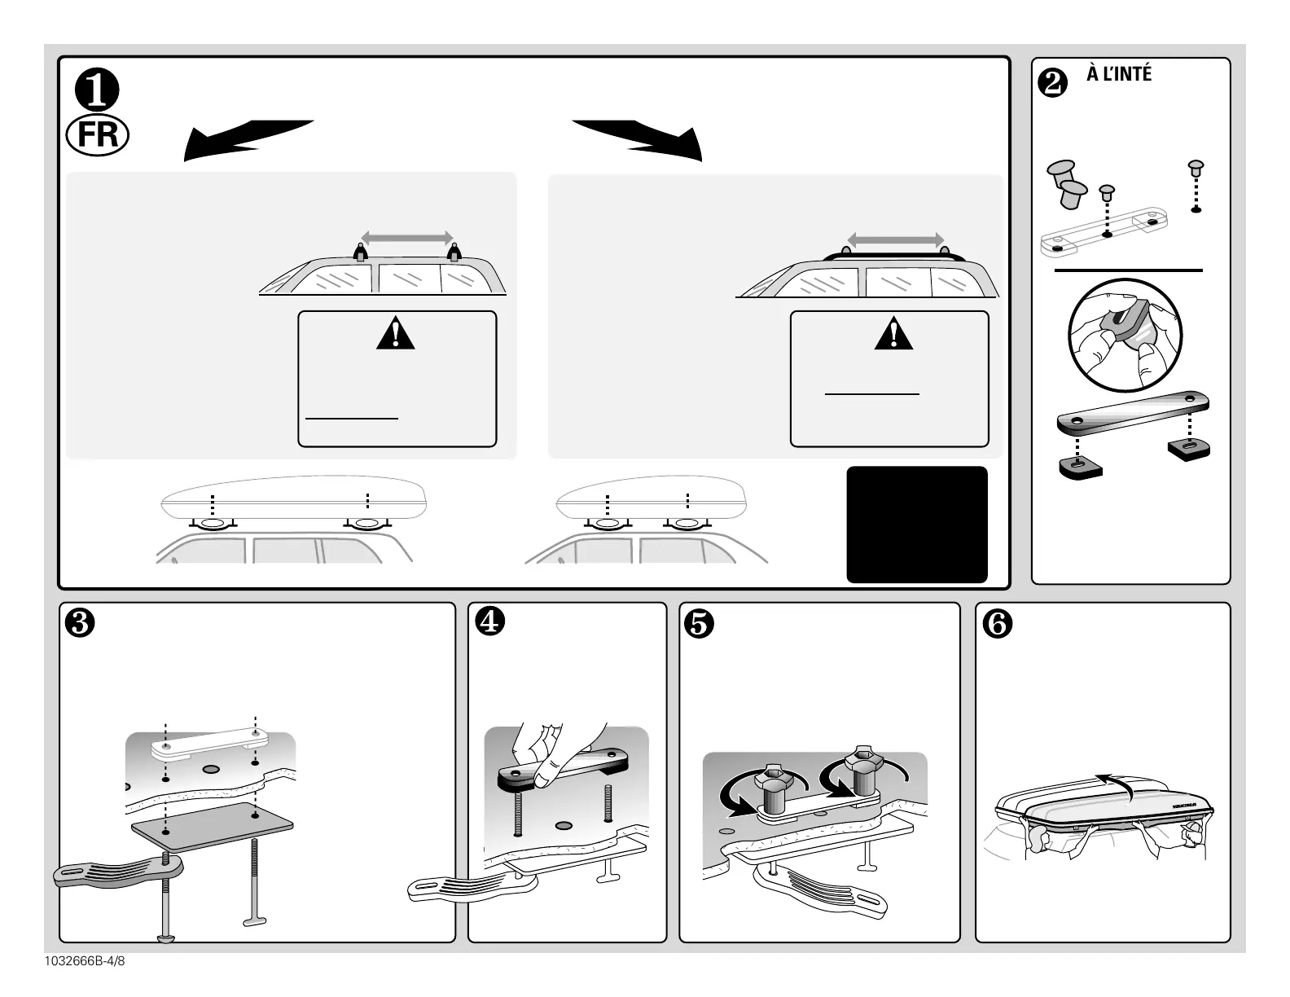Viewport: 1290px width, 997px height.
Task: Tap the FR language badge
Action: (x=98, y=135)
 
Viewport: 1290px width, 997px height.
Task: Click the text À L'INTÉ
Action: (x=1119, y=75)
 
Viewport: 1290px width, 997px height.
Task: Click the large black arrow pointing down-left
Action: (x=244, y=138)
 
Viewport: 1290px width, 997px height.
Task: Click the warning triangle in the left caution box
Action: (x=396, y=334)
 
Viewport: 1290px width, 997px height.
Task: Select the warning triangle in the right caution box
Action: (x=893, y=334)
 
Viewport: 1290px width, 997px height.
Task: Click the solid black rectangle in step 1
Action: (x=917, y=524)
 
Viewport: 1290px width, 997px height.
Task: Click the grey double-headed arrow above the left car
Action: (x=406, y=238)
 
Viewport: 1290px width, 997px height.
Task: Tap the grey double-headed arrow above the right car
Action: (x=895, y=239)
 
